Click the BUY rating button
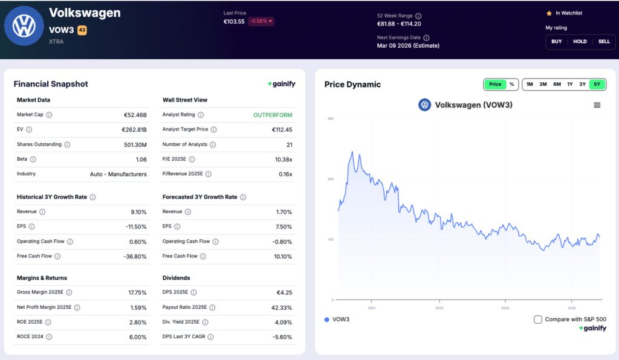(556, 42)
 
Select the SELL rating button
(604, 42)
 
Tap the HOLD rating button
(580, 42)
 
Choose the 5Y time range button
(597, 84)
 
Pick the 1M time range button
(530, 84)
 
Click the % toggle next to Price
(511, 84)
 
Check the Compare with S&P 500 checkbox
(538, 320)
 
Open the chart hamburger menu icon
(597, 105)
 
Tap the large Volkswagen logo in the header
(25, 27)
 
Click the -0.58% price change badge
(261, 22)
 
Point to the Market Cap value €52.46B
(135, 115)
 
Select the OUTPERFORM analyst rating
(273, 115)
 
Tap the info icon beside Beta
(33, 159)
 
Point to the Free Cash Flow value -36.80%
(134, 256)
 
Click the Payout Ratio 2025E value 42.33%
(280, 307)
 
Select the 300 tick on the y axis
(330, 118)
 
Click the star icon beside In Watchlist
(549, 13)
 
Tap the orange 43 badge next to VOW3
(82, 30)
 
